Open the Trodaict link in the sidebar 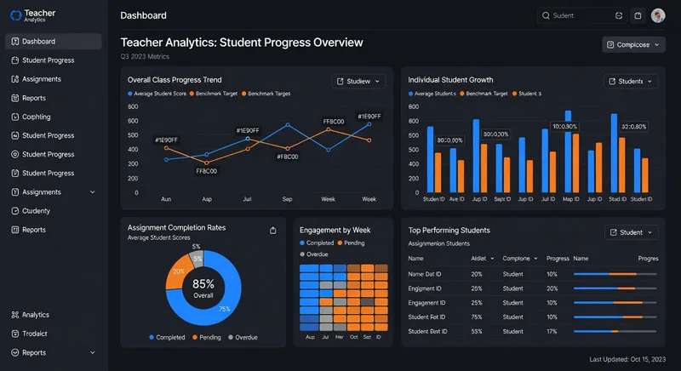(x=36, y=334)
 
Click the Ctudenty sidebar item (x=36, y=211)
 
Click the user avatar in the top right (x=658, y=15)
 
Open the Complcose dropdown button (x=632, y=44)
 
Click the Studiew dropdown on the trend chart (x=358, y=82)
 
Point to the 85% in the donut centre (x=203, y=284)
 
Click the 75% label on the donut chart (x=225, y=309)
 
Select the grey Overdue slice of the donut (x=197, y=257)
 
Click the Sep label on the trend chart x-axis (x=287, y=199)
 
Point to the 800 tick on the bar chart (x=415, y=108)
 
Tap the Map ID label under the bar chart (x=570, y=199)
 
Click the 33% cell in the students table (x=477, y=331)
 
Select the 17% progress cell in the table (x=552, y=331)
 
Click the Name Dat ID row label (x=426, y=274)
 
